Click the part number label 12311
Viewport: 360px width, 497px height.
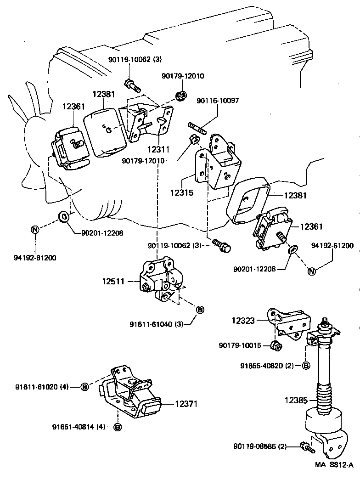tap(158, 149)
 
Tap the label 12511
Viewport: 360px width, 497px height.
tap(113, 281)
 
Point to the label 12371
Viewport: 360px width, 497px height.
tap(186, 404)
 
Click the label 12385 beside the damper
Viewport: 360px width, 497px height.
tap(296, 400)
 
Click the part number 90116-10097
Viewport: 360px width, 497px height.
tap(218, 101)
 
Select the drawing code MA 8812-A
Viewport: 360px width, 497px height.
tap(334, 465)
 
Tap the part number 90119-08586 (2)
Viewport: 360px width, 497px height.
tap(260, 446)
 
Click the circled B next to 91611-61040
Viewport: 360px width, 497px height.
tap(200, 310)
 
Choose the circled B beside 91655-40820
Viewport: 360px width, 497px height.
tap(306, 366)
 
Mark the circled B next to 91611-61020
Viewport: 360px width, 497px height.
tap(84, 387)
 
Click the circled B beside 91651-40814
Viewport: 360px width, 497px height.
tap(118, 427)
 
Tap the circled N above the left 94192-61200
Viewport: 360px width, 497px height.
tap(35, 230)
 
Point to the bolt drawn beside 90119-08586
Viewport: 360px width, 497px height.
tap(304, 446)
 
